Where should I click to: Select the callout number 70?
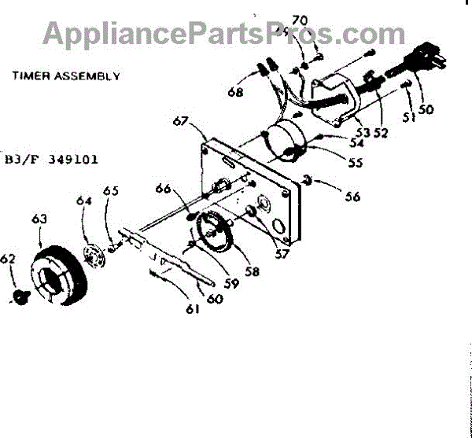coord(300,20)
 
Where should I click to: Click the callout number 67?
coord(181,122)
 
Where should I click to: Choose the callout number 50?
coord(426,110)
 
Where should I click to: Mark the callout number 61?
coord(193,308)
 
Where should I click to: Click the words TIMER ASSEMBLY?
coord(65,76)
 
